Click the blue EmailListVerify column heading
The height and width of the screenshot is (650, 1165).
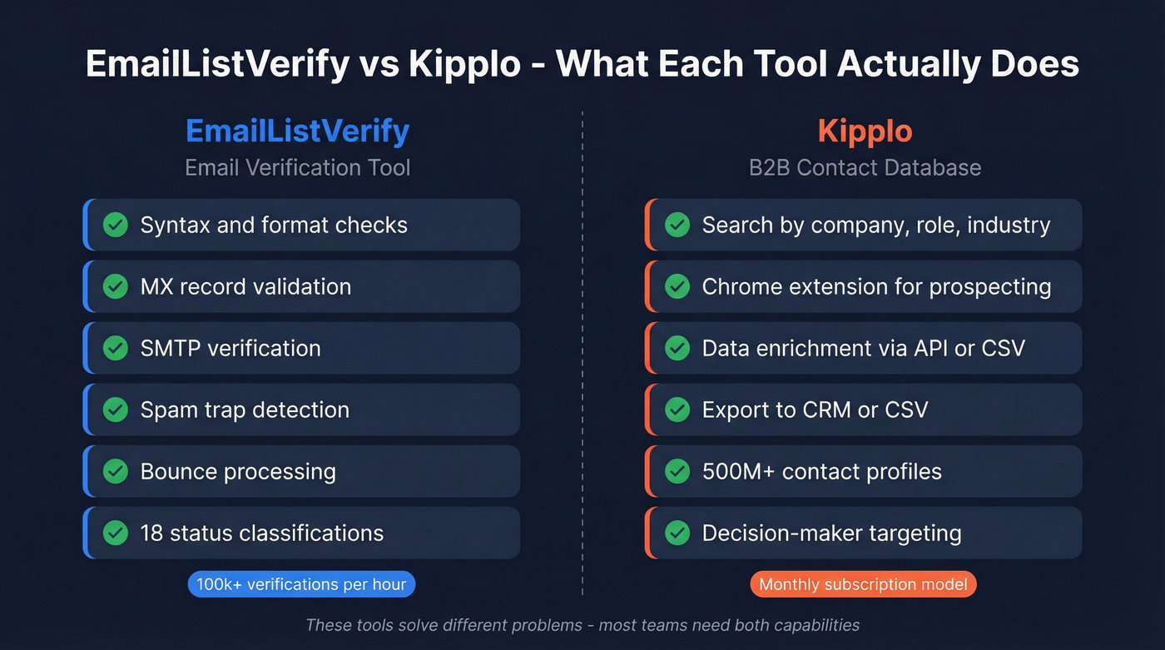tap(297, 131)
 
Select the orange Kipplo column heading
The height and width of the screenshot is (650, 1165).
tap(865, 131)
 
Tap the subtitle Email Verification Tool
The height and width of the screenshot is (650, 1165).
tap(297, 167)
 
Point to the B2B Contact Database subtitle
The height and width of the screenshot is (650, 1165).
tap(865, 167)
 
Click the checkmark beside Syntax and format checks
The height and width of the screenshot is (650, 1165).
tap(115, 225)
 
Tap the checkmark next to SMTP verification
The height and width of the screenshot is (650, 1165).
tap(115, 348)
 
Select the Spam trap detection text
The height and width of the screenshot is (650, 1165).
tap(245, 409)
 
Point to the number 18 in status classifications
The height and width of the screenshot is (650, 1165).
tap(151, 533)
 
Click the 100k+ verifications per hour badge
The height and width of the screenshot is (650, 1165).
tap(301, 584)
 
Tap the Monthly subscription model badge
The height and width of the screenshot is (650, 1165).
tap(863, 584)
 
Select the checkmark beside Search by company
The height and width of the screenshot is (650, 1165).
tap(677, 225)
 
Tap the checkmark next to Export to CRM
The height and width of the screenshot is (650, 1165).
tap(677, 409)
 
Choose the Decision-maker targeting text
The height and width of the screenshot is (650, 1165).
tap(831, 533)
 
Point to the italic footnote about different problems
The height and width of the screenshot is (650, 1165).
tap(582, 624)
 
